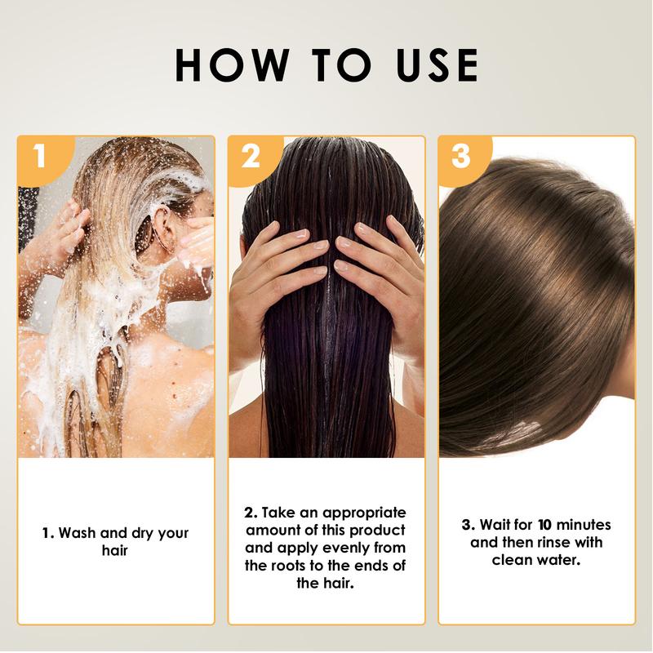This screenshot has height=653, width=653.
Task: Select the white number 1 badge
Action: (40, 156)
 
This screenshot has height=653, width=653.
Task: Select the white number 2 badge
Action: (251, 156)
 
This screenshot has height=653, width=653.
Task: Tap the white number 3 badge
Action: (461, 156)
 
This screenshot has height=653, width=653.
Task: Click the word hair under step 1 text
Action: (115, 551)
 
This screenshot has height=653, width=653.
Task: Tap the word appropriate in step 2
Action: (362, 513)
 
